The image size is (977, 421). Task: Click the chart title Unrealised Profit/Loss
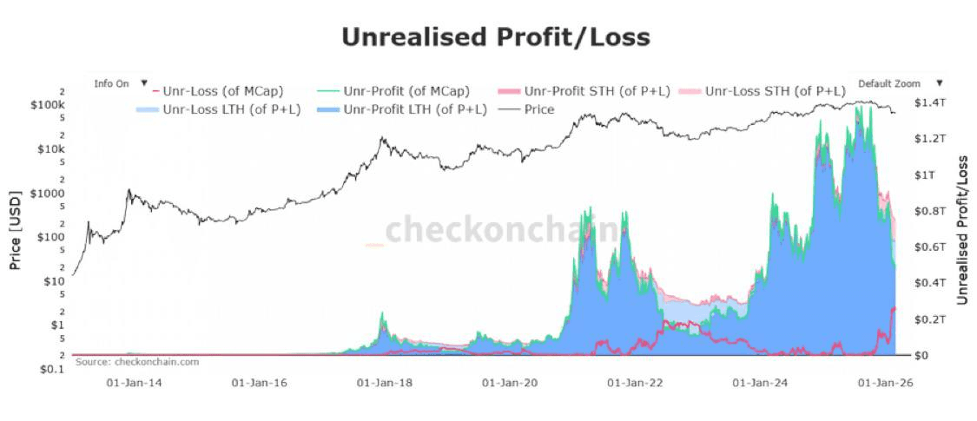[495, 37]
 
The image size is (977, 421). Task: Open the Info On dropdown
[121, 83]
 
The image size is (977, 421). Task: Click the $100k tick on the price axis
[49, 104]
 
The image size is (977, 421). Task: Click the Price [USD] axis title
[15, 230]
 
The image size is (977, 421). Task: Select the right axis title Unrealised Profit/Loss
[961, 231]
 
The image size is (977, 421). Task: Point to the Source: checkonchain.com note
[137, 361]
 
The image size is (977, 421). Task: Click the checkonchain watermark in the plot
[504, 231]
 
